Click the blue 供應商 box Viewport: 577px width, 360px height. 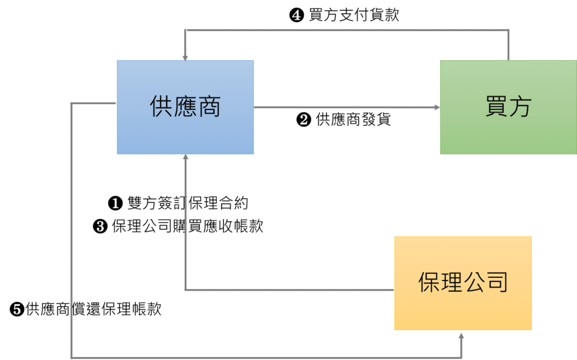(185, 106)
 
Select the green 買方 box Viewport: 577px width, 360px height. (508, 106)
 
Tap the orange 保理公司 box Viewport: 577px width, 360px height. (463, 283)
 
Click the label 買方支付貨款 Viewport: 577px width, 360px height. (354, 16)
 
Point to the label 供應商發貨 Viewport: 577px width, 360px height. (353, 119)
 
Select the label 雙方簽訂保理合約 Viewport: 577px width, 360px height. (188, 203)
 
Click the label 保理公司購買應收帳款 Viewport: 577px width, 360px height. (187, 226)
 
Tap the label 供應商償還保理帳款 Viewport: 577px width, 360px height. (94, 309)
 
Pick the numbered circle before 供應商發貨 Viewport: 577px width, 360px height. (303, 120)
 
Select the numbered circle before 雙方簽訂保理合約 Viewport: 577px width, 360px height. (114, 203)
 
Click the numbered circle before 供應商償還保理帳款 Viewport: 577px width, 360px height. (17, 309)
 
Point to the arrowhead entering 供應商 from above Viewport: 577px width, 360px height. (185, 56)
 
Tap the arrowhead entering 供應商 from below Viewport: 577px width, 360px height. (185, 158)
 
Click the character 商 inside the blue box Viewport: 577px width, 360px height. (209, 106)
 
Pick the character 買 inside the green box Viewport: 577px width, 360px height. (496, 106)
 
